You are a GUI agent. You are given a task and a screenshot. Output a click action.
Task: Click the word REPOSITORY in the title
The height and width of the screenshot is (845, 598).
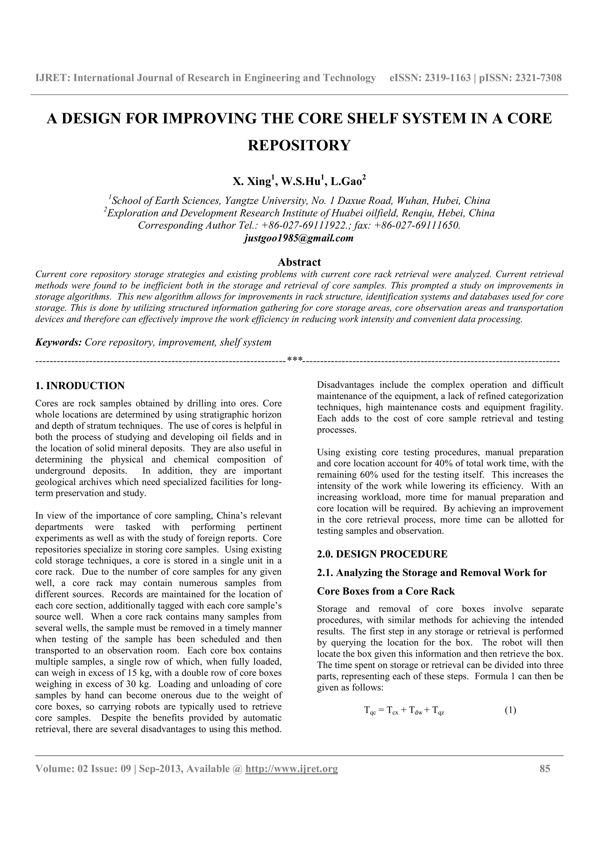click(299, 145)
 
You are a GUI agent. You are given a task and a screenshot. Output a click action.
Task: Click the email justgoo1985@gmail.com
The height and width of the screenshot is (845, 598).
click(299, 238)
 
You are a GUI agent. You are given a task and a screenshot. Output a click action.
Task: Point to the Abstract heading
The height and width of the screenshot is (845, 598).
click(299, 262)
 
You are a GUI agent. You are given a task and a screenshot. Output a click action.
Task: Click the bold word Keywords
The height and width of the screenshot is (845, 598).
click(58, 342)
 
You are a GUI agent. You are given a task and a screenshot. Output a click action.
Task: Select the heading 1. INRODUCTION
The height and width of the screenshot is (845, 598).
click(80, 386)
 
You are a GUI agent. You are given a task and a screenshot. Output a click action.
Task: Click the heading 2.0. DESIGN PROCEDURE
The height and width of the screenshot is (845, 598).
click(382, 554)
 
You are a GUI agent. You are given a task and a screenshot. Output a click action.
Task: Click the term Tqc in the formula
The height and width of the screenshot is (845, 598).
click(370, 711)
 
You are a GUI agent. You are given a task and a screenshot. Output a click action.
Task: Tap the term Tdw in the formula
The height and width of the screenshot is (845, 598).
click(416, 711)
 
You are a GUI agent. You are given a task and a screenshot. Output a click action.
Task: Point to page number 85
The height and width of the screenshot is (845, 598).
click(545, 768)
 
